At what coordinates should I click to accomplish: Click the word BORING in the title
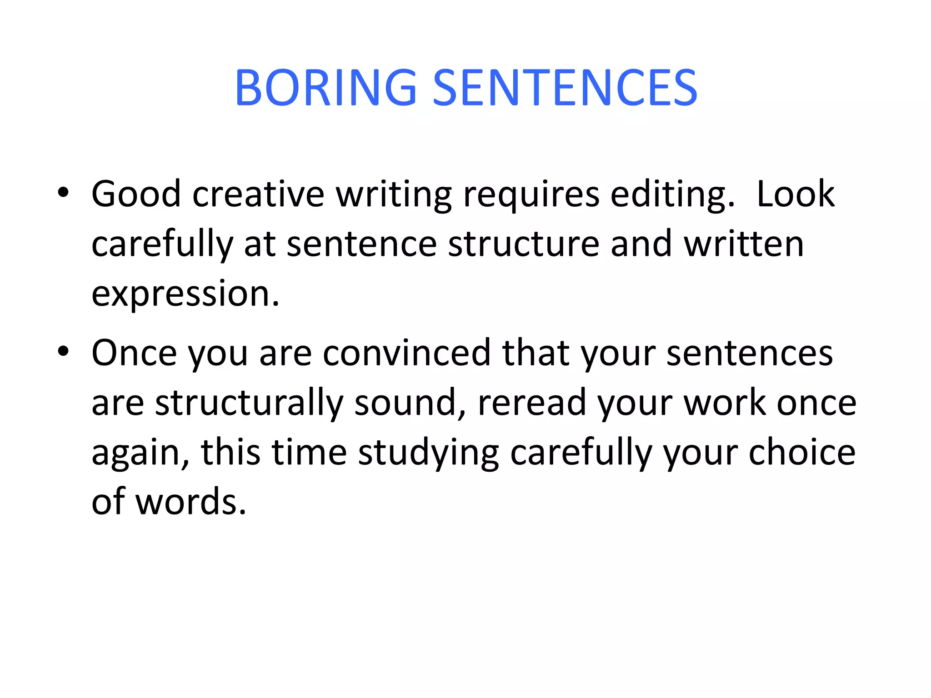tap(325, 88)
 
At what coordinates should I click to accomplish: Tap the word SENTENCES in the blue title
tap(565, 88)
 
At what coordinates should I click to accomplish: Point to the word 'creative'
tap(258, 194)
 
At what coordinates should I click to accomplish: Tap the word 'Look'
tap(795, 194)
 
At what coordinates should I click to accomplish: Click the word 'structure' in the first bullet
tap(524, 244)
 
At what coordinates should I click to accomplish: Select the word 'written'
tap(744, 244)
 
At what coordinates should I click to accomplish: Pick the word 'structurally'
tap(249, 404)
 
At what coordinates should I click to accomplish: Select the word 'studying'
tap(428, 454)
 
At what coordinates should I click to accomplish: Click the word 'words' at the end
tap(191, 502)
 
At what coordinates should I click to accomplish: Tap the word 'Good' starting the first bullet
tap(136, 194)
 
